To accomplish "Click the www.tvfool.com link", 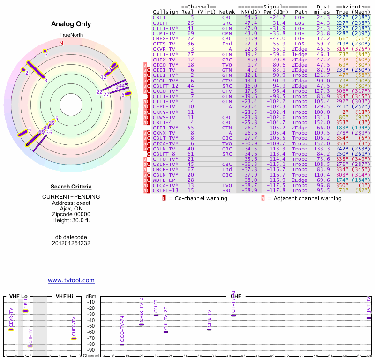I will (x=71, y=280).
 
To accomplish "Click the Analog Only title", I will (x=71, y=24).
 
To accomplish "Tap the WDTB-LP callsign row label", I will (x=164, y=180).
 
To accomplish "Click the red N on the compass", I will (x=61, y=43).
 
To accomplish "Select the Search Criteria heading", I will (x=71, y=187).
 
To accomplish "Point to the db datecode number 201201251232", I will (x=71, y=243).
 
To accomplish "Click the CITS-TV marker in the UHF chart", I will (x=210, y=330).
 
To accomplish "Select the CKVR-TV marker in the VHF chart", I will (x=11, y=330).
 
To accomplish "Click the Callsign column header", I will (x=165, y=12).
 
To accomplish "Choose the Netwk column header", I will (x=227, y=12).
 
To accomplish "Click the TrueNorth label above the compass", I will (x=71, y=35).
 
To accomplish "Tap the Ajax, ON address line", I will (x=71, y=209).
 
